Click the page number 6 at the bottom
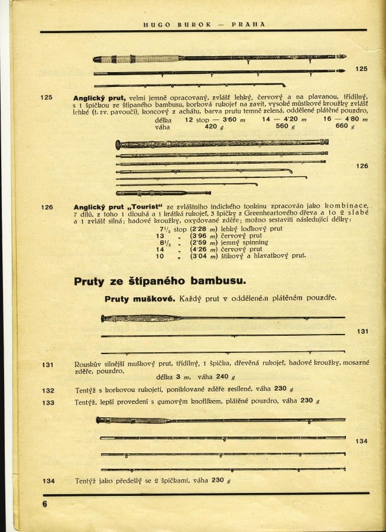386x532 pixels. pyautogui.click(x=44, y=504)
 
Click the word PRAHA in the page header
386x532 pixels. pyautogui.click(x=248, y=24)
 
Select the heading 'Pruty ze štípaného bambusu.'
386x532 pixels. pyautogui.click(x=160, y=281)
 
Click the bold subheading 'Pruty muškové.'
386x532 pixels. pyautogui.click(x=139, y=299)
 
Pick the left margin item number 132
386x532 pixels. pyautogui.click(x=48, y=390)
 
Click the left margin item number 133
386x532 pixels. pyautogui.click(x=48, y=403)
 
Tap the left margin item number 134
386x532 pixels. pyautogui.click(x=48, y=481)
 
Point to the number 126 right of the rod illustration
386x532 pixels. pyautogui.click(x=362, y=166)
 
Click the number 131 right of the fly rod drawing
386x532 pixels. pyautogui.click(x=362, y=332)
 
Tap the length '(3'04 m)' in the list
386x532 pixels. pyautogui.click(x=200, y=256)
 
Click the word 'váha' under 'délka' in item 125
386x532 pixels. pyautogui.click(x=163, y=126)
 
